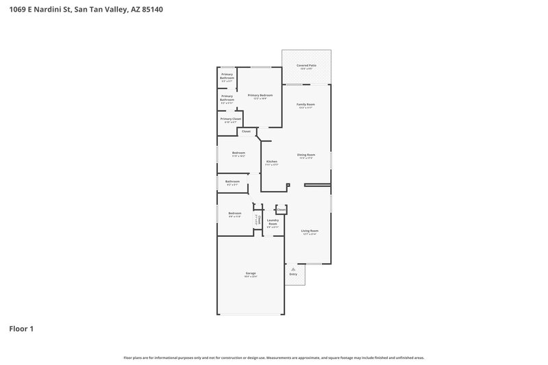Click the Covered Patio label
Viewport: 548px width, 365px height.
306,66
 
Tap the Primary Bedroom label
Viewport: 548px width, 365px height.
260,95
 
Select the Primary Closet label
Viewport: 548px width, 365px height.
231,119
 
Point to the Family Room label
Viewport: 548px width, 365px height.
306,104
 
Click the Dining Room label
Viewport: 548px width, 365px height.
306,155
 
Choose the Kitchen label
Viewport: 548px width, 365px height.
271,162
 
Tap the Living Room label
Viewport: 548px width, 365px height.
310,231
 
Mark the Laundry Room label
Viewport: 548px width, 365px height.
273,222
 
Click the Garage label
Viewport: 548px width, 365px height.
251,273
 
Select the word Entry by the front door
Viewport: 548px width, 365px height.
293,274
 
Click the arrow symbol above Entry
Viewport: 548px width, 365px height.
293,268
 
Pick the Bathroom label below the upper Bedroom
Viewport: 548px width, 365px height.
232,181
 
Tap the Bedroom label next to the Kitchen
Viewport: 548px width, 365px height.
238,153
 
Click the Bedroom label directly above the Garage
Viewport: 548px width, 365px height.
235,214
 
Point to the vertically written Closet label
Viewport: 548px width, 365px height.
259,220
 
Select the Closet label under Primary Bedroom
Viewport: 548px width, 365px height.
246,131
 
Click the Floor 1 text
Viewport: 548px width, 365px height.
21,329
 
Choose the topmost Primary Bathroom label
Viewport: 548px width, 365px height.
227,76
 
